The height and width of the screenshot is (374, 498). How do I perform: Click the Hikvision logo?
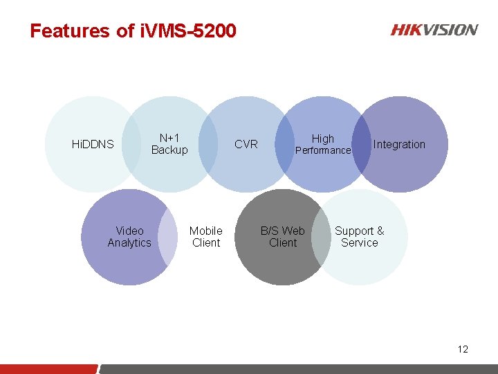pyautogui.click(x=434, y=30)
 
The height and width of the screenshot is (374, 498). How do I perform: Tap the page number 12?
pyautogui.click(x=463, y=349)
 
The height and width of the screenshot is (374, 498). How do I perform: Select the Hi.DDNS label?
pyautogui.click(x=93, y=144)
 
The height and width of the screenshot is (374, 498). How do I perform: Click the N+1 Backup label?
pyautogui.click(x=169, y=144)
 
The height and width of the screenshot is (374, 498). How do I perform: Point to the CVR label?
pyautogui.click(x=246, y=144)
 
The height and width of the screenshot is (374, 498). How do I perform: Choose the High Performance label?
pyautogui.click(x=323, y=144)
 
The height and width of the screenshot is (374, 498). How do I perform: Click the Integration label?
pyautogui.click(x=399, y=144)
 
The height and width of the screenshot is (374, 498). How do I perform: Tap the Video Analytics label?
pyautogui.click(x=129, y=237)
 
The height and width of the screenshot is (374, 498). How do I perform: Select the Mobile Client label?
pyautogui.click(x=206, y=237)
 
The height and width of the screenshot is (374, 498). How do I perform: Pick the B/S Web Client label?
pyautogui.click(x=283, y=237)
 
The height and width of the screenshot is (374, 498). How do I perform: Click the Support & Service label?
pyautogui.click(x=360, y=237)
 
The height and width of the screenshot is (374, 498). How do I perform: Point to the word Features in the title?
pyautogui.click(x=70, y=31)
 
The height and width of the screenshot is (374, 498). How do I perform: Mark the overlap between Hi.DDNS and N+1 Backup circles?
pyautogui.click(x=131, y=144)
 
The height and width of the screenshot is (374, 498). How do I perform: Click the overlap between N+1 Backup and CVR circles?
pyautogui.click(x=208, y=144)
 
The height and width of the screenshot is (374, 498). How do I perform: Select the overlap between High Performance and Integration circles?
pyautogui.click(x=361, y=144)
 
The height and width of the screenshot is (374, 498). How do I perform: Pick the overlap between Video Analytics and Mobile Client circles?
pyautogui.click(x=168, y=237)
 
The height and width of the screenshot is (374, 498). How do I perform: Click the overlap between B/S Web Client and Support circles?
pyautogui.click(x=321, y=237)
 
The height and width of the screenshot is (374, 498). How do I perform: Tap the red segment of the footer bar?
pyautogui.click(x=48, y=368)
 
